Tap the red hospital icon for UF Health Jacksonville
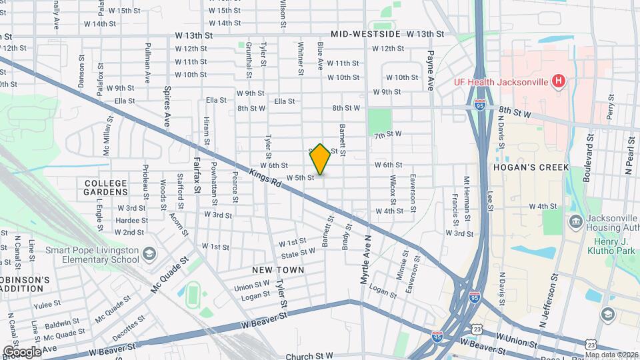tap(559, 82)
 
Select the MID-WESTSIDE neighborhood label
tap(365, 34)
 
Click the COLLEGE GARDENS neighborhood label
tap(106, 187)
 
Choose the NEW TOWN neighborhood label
tap(278, 270)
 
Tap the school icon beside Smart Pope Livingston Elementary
tap(149, 253)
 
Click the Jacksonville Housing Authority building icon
tap(574, 221)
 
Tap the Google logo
tap(21, 351)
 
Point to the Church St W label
tap(309, 357)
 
